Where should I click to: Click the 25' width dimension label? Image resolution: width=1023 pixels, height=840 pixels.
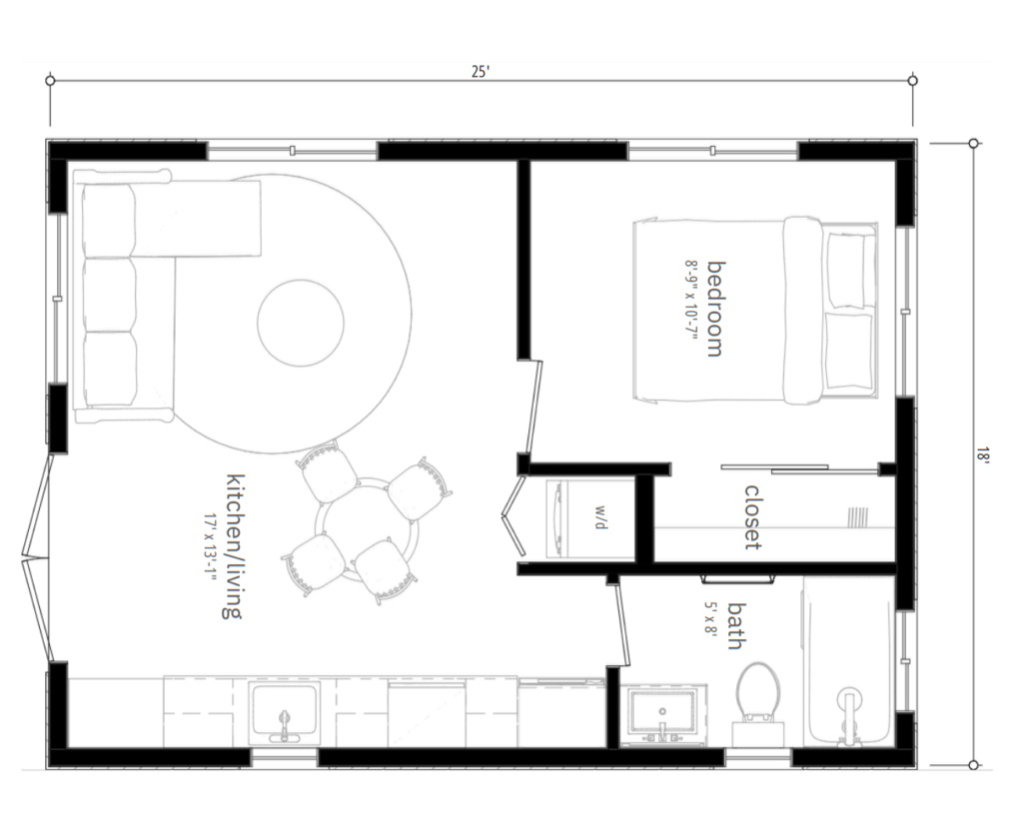[x=481, y=71]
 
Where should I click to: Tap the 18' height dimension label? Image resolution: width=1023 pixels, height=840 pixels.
[x=983, y=453]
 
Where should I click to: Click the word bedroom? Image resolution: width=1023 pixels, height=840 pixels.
[x=716, y=309]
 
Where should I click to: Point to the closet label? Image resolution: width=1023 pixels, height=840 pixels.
[x=753, y=517]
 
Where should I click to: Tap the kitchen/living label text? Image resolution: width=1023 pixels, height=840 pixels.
[x=234, y=546]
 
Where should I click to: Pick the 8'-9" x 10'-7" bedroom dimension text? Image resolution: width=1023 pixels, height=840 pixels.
[x=691, y=306]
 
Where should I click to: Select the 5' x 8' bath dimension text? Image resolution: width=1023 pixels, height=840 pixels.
[x=710, y=618]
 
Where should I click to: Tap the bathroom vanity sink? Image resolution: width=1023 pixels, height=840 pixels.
[x=663, y=714]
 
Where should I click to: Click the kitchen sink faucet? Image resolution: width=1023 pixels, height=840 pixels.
[x=284, y=726]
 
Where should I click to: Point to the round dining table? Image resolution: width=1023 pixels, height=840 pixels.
[x=367, y=530]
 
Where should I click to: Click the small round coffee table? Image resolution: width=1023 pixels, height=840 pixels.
[x=300, y=323]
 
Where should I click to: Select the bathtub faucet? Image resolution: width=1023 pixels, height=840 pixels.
[x=849, y=715]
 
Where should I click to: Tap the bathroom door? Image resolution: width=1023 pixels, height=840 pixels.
[x=621, y=625]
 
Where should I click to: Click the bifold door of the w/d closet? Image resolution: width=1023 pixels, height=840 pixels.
[x=514, y=515]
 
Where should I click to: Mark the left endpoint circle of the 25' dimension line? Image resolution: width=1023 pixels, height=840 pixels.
[x=50, y=81]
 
